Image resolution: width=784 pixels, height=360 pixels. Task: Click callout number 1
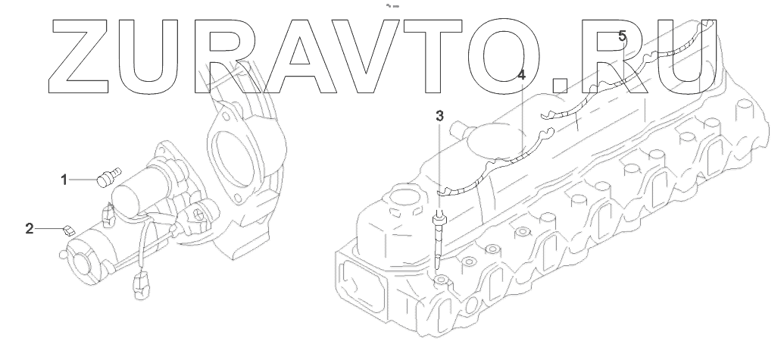coord(64,180)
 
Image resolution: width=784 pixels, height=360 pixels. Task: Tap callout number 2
coord(30,229)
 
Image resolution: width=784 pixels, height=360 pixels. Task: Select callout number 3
coord(439,117)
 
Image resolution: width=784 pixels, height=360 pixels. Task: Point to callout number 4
coord(521,76)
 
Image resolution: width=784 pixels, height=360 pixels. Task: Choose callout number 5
coord(622,36)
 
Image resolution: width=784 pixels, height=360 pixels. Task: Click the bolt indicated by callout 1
coord(109,177)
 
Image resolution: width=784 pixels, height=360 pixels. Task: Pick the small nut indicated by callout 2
coord(68,231)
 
